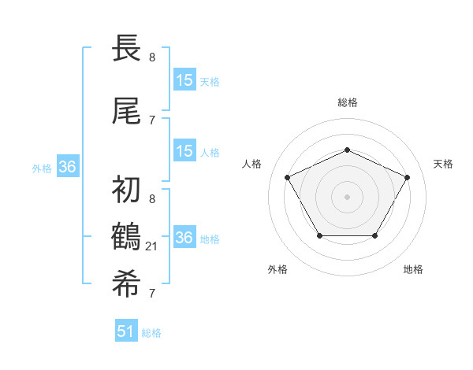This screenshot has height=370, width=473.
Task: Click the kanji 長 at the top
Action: (127, 47)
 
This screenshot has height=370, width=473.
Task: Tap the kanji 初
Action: (127, 190)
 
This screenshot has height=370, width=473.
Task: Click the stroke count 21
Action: (152, 246)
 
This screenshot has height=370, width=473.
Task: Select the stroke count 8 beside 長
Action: (152, 57)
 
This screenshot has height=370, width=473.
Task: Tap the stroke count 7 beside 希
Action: (152, 294)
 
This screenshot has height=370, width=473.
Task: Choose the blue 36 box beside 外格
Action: (67, 167)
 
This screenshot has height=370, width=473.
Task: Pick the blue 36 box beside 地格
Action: (184, 238)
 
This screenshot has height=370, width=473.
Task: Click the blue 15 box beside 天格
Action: (184, 80)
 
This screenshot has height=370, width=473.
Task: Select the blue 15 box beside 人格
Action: (184, 151)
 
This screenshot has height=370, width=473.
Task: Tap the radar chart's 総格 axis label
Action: (348, 102)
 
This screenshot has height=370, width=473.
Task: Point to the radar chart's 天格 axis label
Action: (443, 164)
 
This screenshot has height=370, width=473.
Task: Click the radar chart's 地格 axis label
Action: (413, 269)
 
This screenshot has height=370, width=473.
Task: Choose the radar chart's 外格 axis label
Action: (277, 269)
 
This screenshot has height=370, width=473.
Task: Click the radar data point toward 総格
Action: (348, 150)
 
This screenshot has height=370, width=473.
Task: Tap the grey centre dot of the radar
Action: (348, 196)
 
